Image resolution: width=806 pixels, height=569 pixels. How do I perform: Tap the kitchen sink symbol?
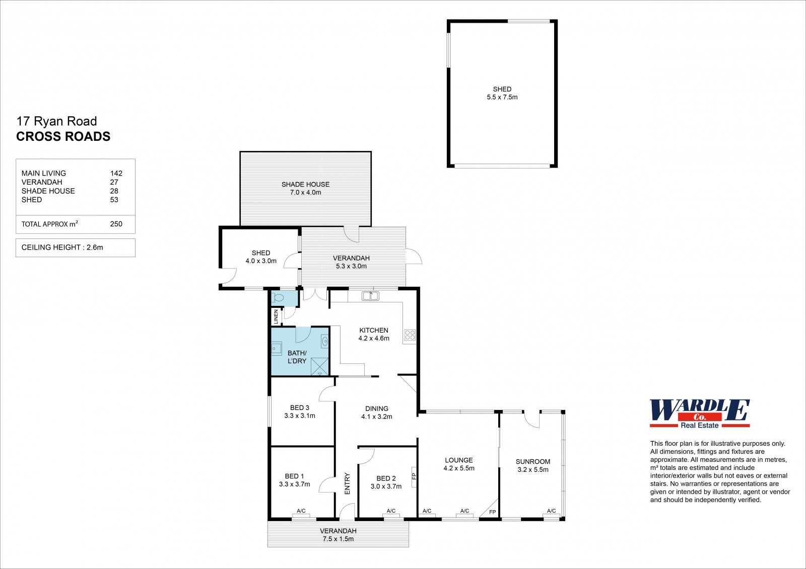pyautogui.click(x=370, y=296)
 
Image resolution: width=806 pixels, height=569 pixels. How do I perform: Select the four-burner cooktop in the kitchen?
pyautogui.click(x=410, y=335)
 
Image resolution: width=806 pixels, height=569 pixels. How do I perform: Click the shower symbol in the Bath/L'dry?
pyautogui.click(x=319, y=367)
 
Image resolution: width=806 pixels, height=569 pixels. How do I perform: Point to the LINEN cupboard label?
pyautogui.click(x=276, y=316)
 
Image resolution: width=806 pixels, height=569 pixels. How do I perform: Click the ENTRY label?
pyautogui.click(x=347, y=483)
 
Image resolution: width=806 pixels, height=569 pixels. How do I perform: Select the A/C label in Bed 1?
pyautogui.click(x=301, y=511)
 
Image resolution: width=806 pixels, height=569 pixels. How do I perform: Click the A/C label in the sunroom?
pyautogui.click(x=551, y=511)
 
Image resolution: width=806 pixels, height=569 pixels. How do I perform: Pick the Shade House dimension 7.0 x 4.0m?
pyautogui.click(x=305, y=192)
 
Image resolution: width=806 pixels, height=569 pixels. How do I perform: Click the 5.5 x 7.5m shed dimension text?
pyautogui.click(x=502, y=97)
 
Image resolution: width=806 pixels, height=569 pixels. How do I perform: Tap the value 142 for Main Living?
pyautogui.click(x=116, y=173)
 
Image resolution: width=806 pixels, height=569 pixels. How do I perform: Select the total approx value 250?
pyautogui.click(x=116, y=224)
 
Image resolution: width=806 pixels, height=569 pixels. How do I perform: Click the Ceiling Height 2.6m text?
pyautogui.click(x=62, y=248)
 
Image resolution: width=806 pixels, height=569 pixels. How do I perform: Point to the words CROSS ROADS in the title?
pyautogui.click(x=63, y=136)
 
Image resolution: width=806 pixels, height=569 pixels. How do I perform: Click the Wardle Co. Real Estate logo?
pyautogui.click(x=700, y=414)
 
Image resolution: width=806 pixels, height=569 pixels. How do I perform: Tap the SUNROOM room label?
pyautogui.click(x=533, y=461)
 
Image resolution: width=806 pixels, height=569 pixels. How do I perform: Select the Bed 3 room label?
pyautogui.click(x=299, y=408)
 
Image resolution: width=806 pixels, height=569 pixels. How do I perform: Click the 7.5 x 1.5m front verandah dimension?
pyautogui.click(x=338, y=539)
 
